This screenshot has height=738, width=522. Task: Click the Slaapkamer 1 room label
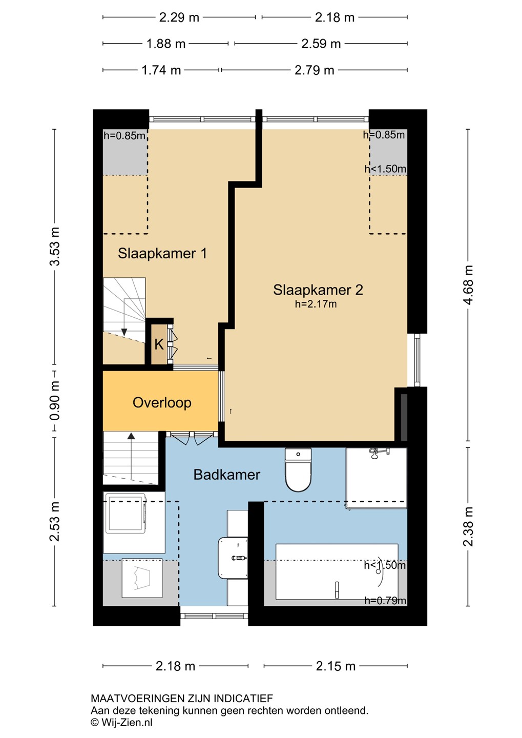[162, 253]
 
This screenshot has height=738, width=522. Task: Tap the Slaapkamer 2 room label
[318, 290]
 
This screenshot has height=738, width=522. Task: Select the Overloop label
[162, 403]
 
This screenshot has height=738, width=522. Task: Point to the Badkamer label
[226, 475]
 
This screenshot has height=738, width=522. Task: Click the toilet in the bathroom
[298, 470]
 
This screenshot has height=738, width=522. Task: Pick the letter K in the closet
[159, 344]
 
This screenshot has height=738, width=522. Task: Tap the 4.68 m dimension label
[468, 285]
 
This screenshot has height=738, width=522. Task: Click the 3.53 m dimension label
[55, 247]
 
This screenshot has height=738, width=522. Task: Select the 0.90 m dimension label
[55, 401]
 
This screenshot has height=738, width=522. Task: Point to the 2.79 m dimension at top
[314, 70]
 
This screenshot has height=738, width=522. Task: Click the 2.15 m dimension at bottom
[336, 666]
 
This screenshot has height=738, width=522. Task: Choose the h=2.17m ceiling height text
[316, 304]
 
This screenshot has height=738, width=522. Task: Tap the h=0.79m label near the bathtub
[385, 600]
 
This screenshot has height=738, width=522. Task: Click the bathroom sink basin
[233, 558]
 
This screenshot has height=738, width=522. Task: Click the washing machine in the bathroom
[125, 513]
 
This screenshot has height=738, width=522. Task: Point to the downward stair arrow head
[124, 332]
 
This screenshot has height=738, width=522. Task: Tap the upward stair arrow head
[132, 436]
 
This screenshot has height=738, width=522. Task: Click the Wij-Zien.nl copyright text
[121, 722]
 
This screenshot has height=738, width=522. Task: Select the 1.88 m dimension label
[166, 44]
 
